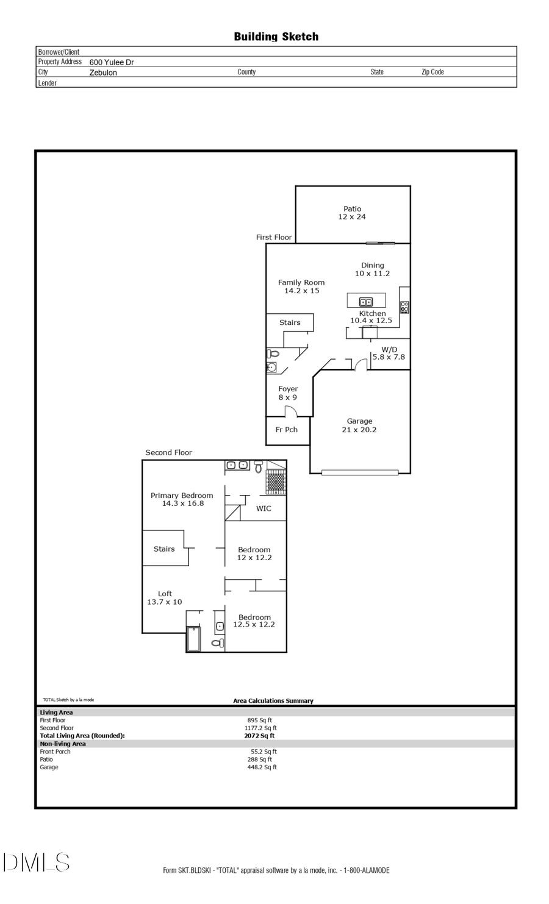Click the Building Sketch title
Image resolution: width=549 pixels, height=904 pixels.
pos(276,37)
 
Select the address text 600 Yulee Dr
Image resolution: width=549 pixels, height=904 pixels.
pos(112,62)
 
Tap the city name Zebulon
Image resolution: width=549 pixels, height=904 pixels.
pos(103,73)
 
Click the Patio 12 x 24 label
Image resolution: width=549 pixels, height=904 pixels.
pos(352,213)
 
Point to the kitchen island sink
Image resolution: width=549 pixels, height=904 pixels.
pos(365,302)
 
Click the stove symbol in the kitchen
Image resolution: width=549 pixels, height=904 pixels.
pos(404,307)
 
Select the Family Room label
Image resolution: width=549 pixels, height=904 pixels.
pos(301,287)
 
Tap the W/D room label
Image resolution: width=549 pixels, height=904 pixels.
pos(389,353)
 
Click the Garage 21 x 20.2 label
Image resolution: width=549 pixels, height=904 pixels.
pos(359,425)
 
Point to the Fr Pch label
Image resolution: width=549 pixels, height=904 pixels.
pos(287,430)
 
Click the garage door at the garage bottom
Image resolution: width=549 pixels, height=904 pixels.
pos(360,472)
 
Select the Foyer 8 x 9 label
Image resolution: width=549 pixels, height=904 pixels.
pos(288,393)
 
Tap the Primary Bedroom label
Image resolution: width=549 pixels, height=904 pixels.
pos(182,499)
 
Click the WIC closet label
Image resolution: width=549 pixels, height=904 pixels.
pos(264,508)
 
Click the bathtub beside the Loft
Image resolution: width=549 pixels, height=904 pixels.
pos(193,639)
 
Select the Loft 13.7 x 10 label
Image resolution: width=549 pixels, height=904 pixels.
pos(165,597)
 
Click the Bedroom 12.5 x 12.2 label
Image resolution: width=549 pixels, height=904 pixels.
pos(254,621)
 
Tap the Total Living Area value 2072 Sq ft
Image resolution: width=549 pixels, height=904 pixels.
pos(259,736)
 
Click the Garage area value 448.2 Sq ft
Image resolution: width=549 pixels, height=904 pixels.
pos(262,767)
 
